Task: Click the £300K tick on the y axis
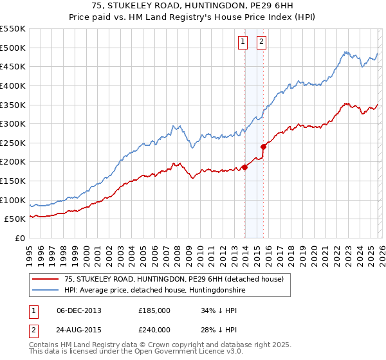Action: point(12,123)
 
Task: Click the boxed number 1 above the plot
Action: point(243,42)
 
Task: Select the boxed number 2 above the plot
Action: point(262,42)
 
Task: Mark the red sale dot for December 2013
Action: point(245,168)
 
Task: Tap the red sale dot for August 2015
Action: point(264,147)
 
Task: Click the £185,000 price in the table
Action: point(154,310)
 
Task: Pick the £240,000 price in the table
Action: point(154,330)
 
